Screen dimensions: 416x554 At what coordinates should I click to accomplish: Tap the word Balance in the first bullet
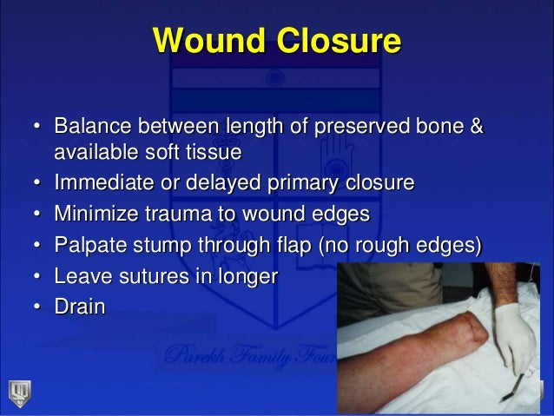pos(90,128)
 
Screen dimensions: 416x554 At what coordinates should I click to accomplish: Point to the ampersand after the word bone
pos(475,128)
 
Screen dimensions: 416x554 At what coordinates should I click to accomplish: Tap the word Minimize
pos(96,214)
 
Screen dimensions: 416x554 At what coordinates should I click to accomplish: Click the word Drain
pos(79,307)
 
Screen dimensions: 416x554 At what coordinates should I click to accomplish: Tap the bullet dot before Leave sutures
pos(38,277)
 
